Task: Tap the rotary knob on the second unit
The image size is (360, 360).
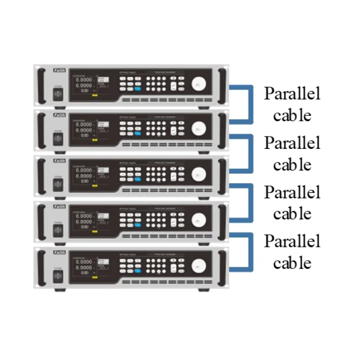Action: pyautogui.click(x=199, y=128)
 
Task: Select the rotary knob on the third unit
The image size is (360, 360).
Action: pyautogui.click(x=199, y=174)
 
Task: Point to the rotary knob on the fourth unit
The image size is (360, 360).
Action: pyautogui.click(x=199, y=219)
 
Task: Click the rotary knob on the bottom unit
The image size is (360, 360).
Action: pyautogui.click(x=199, y=265)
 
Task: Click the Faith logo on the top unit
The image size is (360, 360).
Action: pyautogui.click(x=59, y=70)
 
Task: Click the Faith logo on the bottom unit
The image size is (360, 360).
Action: pyautogui.click(x=59, y=252)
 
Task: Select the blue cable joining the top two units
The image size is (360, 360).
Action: pyautogui.click(x=249, y=102)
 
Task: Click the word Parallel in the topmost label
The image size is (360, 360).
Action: pyautogui.click(x=292, y=94)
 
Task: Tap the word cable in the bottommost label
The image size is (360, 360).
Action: pyautogui.click(x=292, y=263)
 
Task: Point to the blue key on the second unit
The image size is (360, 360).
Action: pyautogui.click(x=138, y=134)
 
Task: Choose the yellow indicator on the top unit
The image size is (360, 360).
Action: pyautogui.click(x=95, y=95)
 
